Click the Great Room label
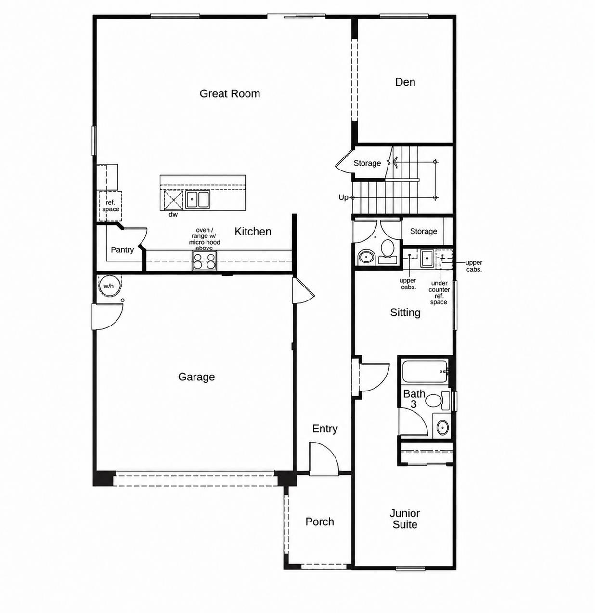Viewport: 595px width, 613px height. pos(230,93)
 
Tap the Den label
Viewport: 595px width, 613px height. pos(405,82)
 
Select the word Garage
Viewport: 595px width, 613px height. pos(196,377)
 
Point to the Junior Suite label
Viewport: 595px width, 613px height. pos(405,519)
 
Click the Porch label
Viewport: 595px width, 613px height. pos(320,522)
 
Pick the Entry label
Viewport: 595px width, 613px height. pos(325,429)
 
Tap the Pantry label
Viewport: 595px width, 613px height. pos(122,250)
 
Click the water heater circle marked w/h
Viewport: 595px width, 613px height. pos(109,286)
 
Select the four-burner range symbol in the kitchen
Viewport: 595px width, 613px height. pos(205,261)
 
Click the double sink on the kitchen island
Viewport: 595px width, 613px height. pos(197,199)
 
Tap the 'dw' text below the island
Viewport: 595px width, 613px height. pos(173,214)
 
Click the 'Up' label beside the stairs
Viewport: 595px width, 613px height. pos(343,197)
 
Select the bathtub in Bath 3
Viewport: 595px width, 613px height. pos(425,372)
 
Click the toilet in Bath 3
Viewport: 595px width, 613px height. pos(437,401)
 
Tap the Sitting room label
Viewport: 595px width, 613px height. pos(405,313)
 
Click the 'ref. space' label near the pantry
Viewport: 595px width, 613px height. pos(111,206)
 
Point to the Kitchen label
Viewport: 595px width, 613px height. pos(253,232)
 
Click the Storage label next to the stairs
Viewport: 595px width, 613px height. pos(367,163)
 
